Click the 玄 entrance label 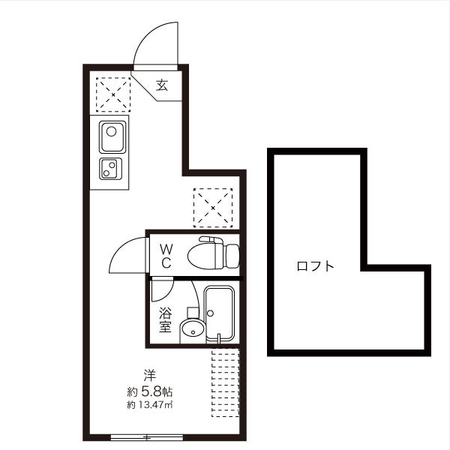pos(162,85)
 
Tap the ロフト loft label pos(316,266)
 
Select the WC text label pos(166,256)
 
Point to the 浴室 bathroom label pos(165,319)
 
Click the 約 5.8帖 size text pos(149,391)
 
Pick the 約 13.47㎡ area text pos(149,405)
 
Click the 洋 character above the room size pos(149,376)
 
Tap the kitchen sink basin pos(112,137)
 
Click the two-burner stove pos(110,169)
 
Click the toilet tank pos(232,256)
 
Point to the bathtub pos(219,313)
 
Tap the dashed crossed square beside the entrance pos(113,94)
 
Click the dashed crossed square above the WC pos(213,208)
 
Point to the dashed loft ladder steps pos(225,382)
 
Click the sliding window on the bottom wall pos(147,438)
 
